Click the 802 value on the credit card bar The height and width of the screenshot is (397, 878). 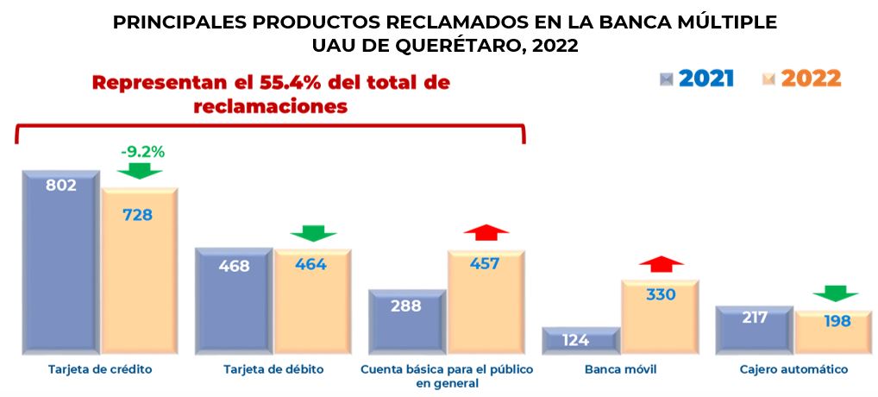click(x=61, y=185)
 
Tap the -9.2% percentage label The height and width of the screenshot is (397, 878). click(x=142, y=152)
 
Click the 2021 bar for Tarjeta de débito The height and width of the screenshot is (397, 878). click(x=234, y=302)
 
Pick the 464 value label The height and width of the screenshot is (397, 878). click(x=310, y=265)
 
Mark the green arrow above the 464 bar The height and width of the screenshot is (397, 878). click(x=313, y=233)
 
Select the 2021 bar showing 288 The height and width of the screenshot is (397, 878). click(x=406, y=322)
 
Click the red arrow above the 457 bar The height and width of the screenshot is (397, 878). click(x=486, y=233)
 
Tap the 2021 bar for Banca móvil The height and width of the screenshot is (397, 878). click(x=580, y=341)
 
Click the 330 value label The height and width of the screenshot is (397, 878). click(x=661, y=294)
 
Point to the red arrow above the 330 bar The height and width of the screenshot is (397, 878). click(x=661, y=264)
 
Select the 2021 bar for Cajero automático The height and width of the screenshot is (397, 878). click(x=753, y=330)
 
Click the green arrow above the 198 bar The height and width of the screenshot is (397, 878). click(x=835, y=293)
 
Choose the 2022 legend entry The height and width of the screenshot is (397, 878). click(x=802, y=79)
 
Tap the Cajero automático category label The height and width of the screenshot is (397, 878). click(x=793, y=370)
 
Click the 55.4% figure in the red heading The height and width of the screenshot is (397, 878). click(x=295, y=84)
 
